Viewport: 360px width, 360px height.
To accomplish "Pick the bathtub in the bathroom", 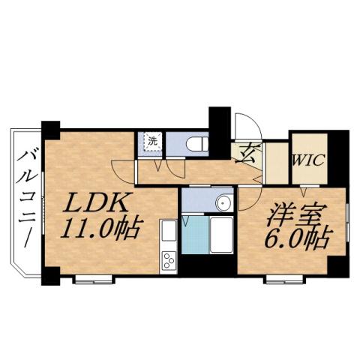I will pyautogui.click(x=221, y=235).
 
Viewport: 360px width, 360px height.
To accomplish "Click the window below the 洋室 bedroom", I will pyautogui.click(x=286, y=280).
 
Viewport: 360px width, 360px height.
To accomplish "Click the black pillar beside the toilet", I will pyautogui.click(x=219, y=124).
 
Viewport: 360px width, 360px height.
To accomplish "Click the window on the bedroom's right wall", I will pyautogui.click(x=349, y=228).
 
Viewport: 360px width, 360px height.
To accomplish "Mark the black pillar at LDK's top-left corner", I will pyautogui.click(x=50, y=128).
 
